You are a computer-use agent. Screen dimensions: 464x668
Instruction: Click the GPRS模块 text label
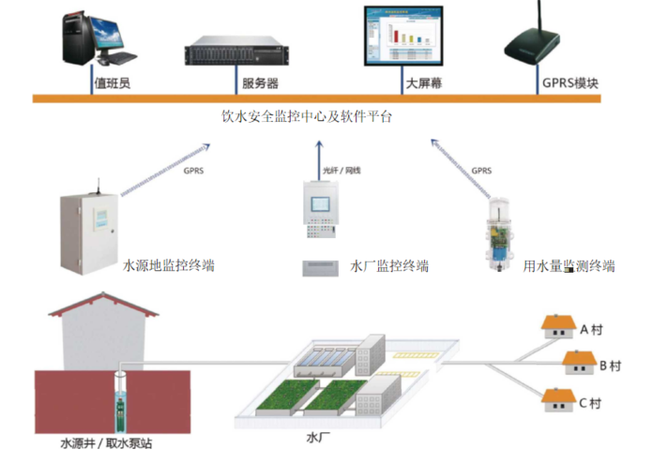tap(570, 82)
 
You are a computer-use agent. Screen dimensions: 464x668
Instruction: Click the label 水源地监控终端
tap(169, 266)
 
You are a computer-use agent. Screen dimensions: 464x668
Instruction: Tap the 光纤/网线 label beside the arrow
tap(342, 171)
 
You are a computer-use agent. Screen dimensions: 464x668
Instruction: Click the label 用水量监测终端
tap(569, 266)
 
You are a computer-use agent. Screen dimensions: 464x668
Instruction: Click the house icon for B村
tap(578, 362)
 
